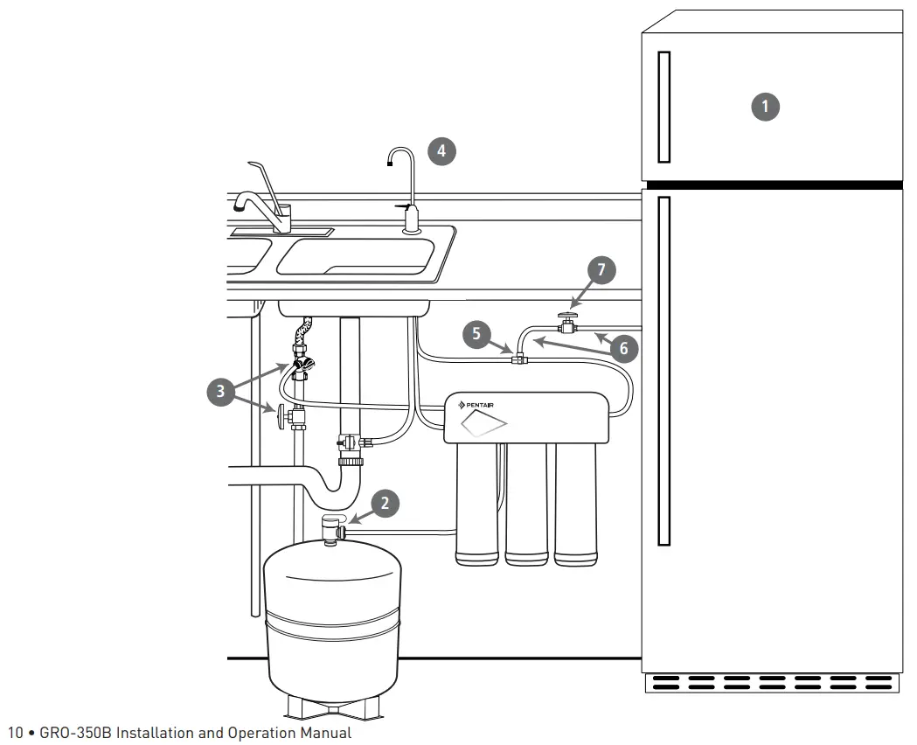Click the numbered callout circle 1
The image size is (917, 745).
766,107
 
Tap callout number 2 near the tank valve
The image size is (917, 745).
386,502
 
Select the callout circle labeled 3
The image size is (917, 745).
220,391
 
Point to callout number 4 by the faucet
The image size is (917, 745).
441,150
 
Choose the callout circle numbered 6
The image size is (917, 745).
623,348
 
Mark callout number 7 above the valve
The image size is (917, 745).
601,270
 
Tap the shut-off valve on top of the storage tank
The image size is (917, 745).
331,529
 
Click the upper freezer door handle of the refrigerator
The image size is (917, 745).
663,106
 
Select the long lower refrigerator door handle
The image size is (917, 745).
663,371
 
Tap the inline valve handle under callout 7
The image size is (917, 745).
569,316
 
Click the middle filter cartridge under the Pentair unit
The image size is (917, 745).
525,503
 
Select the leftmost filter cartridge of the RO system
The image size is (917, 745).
476,503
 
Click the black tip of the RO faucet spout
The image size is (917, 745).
389,161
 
